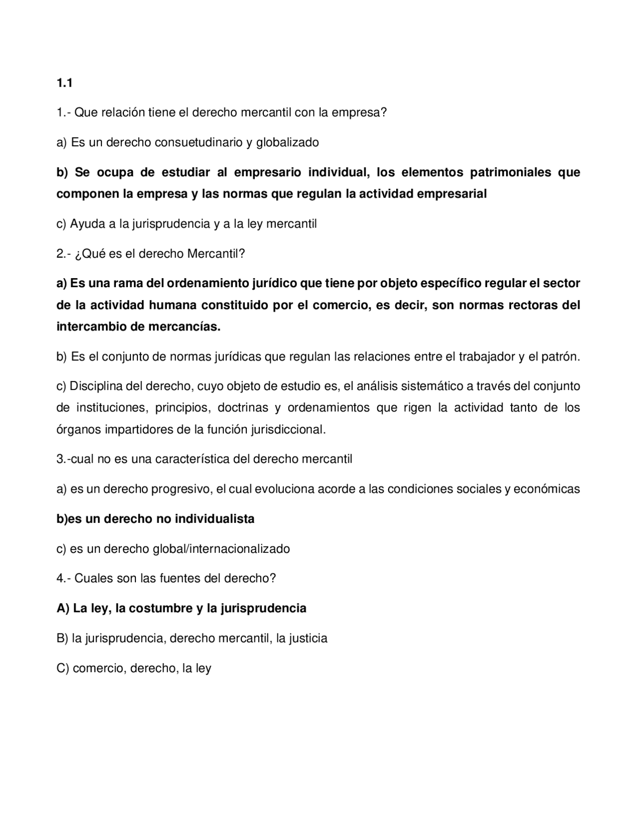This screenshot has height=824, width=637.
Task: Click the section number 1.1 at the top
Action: coord(64,83)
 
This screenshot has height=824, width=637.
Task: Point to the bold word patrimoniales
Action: coord(511,172)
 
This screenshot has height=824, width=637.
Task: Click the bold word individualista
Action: coord(214,518)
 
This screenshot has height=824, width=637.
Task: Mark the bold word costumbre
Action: coord(160,608)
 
